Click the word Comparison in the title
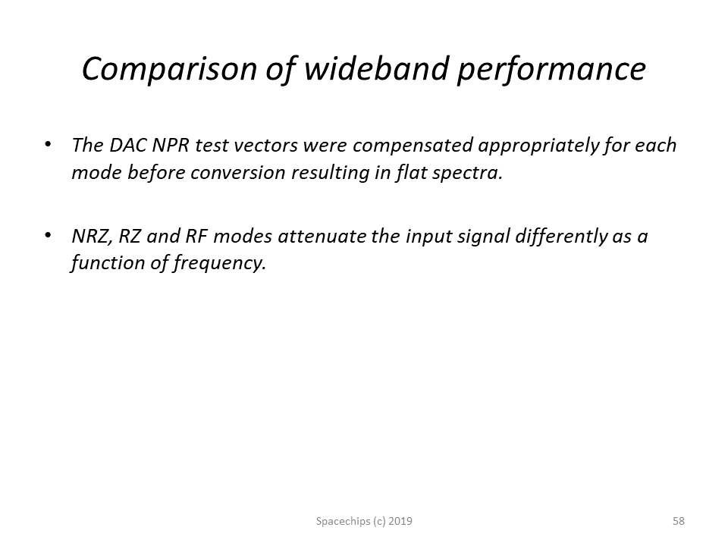pyautogui.click(x=169, y=70)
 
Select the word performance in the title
pyautogui.click(x=551, y=70)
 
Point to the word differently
pyautogui.click(x=561, y=237)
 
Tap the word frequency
pyautogui.click(x=220, y=264)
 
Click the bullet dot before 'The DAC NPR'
pyautogui.click(x=48, y=144)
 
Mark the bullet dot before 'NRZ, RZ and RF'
pyautogui.click(x=48, y=235)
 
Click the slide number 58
pyautogui.click(x=678, y=521)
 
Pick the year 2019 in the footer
pyautogui.click(x=400, y=521)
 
